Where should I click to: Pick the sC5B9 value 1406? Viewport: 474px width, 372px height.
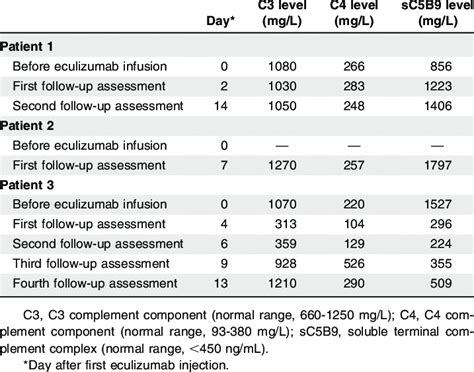(429, 105)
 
